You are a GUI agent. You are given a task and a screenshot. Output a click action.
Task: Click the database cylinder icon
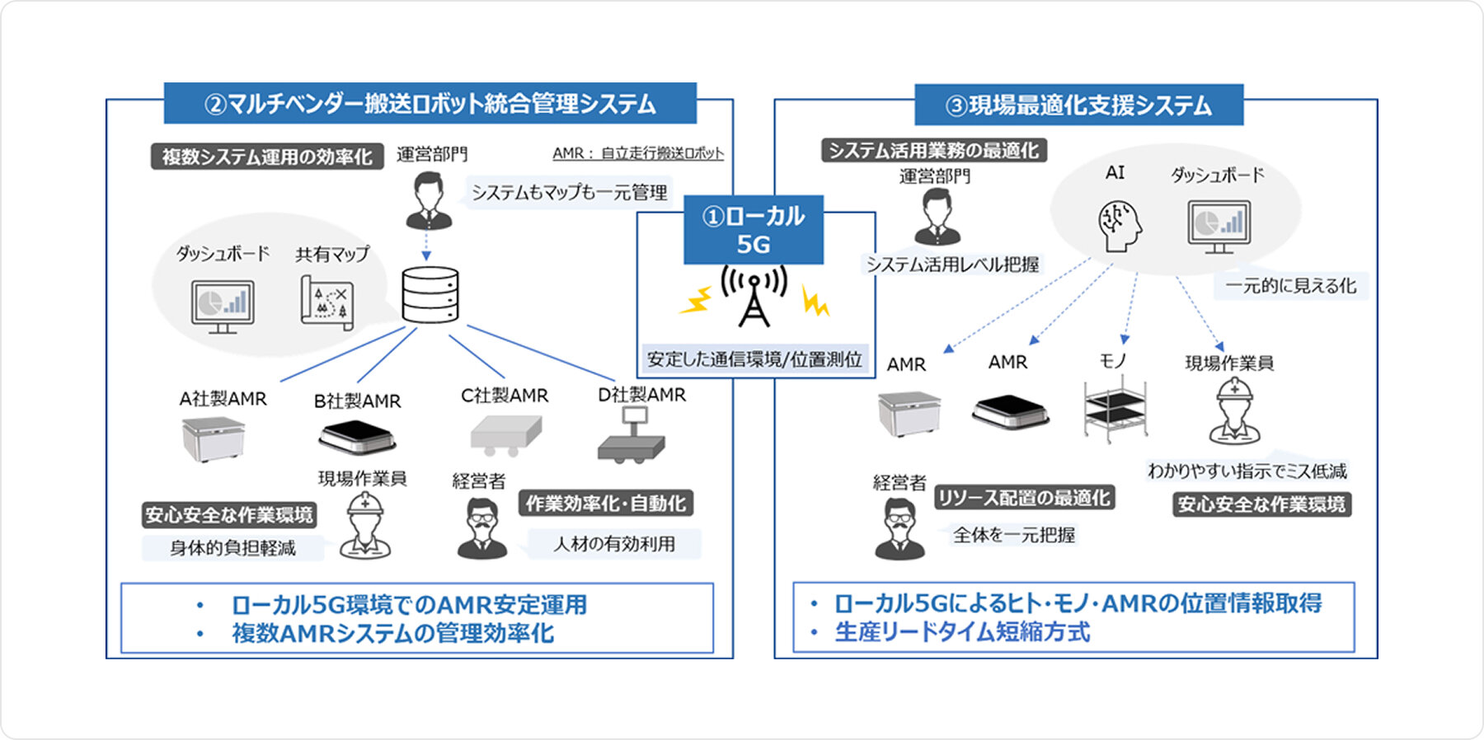point(430,294)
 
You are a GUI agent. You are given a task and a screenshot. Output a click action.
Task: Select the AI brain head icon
point(1120,227)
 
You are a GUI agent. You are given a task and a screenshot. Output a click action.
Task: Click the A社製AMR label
point(223,399)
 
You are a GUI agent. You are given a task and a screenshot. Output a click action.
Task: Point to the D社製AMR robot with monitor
point(632,435)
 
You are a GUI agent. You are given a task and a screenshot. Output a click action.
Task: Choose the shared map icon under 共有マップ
point(326,302)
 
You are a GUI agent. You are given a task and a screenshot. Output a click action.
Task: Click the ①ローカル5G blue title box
point(753,230)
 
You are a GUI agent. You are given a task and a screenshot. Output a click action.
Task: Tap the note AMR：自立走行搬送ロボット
point(637,153)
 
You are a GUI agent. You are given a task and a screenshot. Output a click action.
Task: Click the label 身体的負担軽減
point(232,548)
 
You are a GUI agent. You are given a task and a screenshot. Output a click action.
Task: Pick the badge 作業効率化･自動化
point(606,503)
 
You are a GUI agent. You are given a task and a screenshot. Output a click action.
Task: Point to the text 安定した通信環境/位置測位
point(754,359)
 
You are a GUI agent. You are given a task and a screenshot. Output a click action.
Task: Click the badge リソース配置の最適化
point(1024,498)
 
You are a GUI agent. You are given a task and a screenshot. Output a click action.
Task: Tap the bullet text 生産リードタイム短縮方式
point(961,632)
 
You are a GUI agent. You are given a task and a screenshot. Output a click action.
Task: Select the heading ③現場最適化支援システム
point(1078,105)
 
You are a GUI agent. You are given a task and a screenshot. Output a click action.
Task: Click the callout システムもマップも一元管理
point(569,193)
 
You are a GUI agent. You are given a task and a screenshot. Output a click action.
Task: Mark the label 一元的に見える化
point(1290,286)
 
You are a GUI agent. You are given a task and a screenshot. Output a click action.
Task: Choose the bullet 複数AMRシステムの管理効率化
point(392,634)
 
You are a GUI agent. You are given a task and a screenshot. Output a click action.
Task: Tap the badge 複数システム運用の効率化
point(266,157)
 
